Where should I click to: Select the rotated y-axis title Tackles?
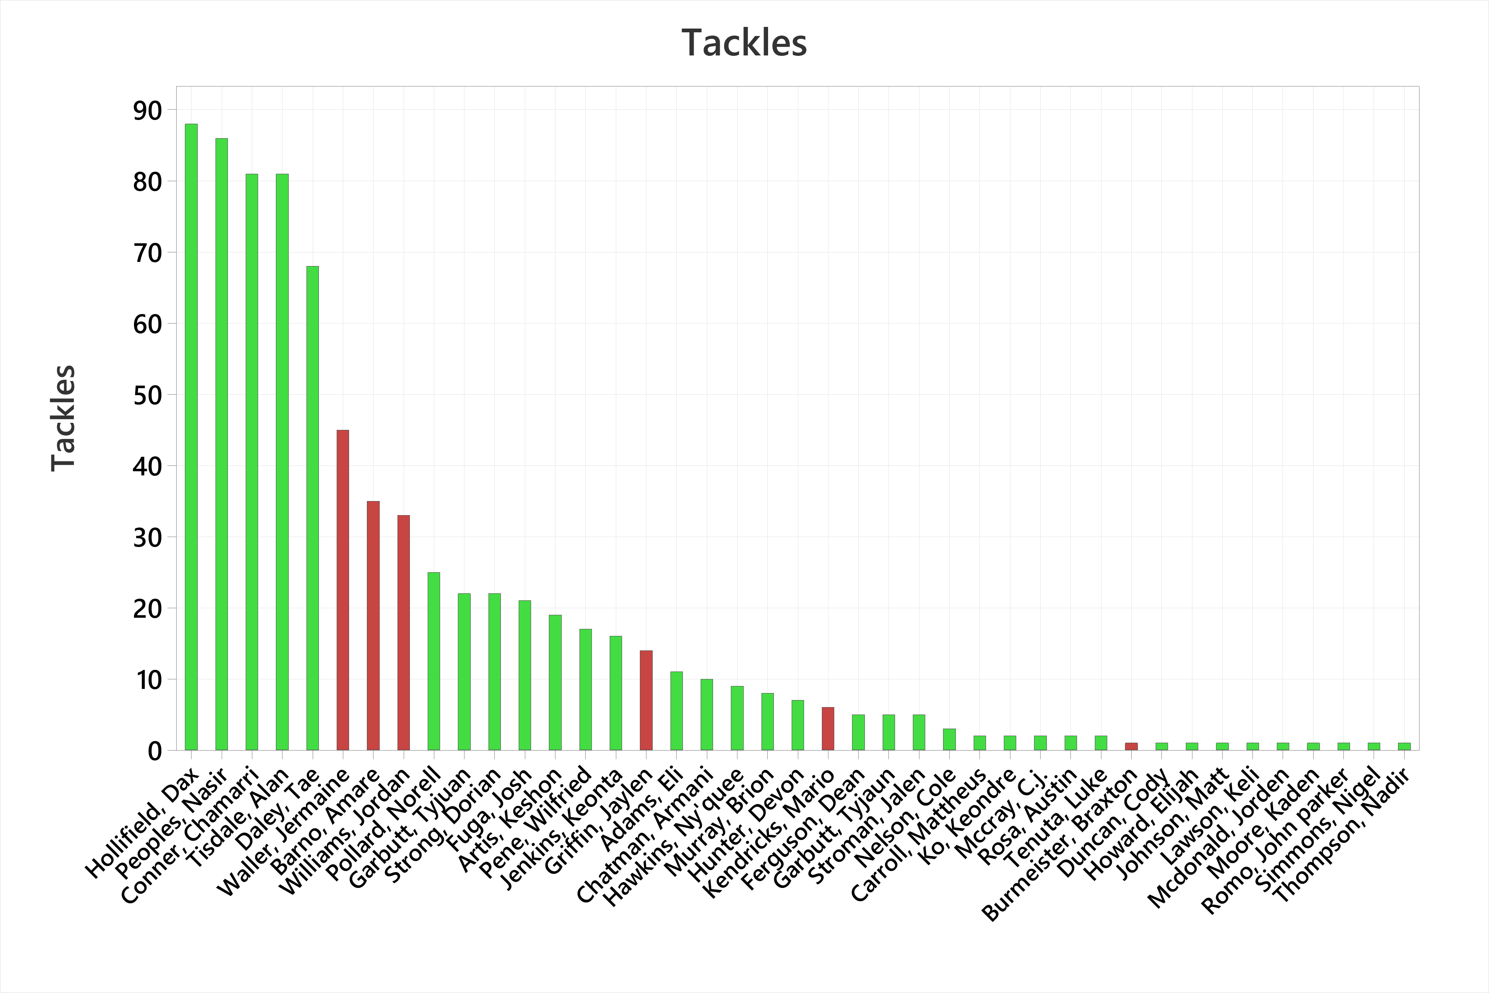click(63, 418)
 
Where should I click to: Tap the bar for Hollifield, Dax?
click(191, 437)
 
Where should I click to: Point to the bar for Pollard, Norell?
click(433, 661)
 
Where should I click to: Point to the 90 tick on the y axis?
click(148, 111)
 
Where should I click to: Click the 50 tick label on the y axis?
click(148, 395)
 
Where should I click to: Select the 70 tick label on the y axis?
click(148, 253)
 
